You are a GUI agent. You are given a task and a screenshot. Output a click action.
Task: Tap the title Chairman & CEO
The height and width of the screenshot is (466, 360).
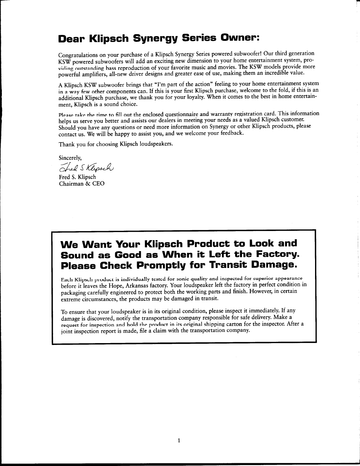(x=81, y=183)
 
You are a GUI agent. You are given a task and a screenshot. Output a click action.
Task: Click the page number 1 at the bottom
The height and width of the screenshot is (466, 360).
(x=179, y=440)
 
